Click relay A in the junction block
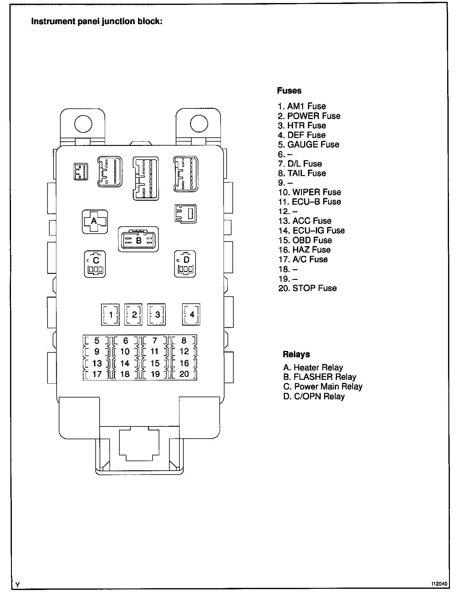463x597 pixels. point(94,221)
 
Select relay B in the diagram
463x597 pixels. point(138,239)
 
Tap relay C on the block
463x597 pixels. point(95,263)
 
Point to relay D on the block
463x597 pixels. point(185,263)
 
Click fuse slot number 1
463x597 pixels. point(110,314)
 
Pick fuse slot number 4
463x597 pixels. point(191,314)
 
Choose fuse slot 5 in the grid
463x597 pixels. point(97,341)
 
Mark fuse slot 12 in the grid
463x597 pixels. point(184,351)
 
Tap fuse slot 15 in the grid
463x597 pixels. point(155,363)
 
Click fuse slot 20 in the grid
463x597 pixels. point(184,374)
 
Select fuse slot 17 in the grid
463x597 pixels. point(97,374)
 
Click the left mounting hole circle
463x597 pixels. point(83,124)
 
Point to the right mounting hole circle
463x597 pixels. point(199,124)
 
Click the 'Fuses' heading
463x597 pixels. point(289,90)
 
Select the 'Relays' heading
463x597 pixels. point(296,354)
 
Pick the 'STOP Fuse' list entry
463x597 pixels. point(307,288)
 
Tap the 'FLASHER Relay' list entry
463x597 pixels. point(320,377)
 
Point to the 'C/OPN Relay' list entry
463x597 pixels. point(314,396)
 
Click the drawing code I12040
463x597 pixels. point(439,584)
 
